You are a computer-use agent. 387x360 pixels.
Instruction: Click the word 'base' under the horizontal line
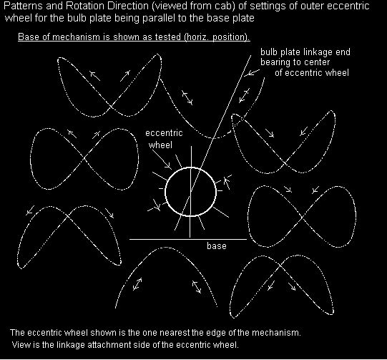pyautogui.click(x=217, y=246)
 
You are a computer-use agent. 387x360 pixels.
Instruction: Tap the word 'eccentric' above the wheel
pyautogui.click(x=164, y=133)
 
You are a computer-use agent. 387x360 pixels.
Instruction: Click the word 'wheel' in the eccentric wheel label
pyautogui.click(x=160, y=145)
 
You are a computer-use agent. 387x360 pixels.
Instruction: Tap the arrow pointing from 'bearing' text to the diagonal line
pyautogui.click(x=252, y=72)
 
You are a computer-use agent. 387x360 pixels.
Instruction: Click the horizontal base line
pyautogui.click(x=188, y=239)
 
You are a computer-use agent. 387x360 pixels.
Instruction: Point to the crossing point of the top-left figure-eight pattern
pyautogui.click(x=110, y=107)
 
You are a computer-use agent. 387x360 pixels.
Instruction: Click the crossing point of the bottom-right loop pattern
pyautogui.click(x=280, y=265)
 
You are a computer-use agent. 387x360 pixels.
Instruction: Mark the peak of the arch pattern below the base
pyautogui.click(x=164, y=248)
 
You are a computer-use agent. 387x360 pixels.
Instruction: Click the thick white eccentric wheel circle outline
pyautogui.click(x=165, y=191)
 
